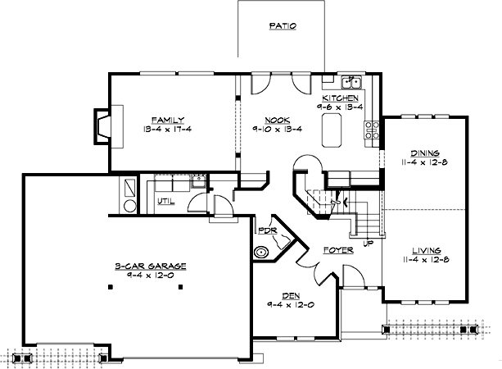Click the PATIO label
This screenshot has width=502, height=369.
[282, 26]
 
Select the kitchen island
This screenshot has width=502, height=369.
[332, 128]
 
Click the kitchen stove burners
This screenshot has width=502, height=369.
[373, 128]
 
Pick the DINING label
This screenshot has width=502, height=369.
[425, 153]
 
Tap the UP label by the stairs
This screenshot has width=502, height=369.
[369, 244]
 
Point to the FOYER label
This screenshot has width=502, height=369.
[337, 248]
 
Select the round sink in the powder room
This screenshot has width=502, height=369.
[263, 253]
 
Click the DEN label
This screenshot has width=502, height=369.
[292, 296]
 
